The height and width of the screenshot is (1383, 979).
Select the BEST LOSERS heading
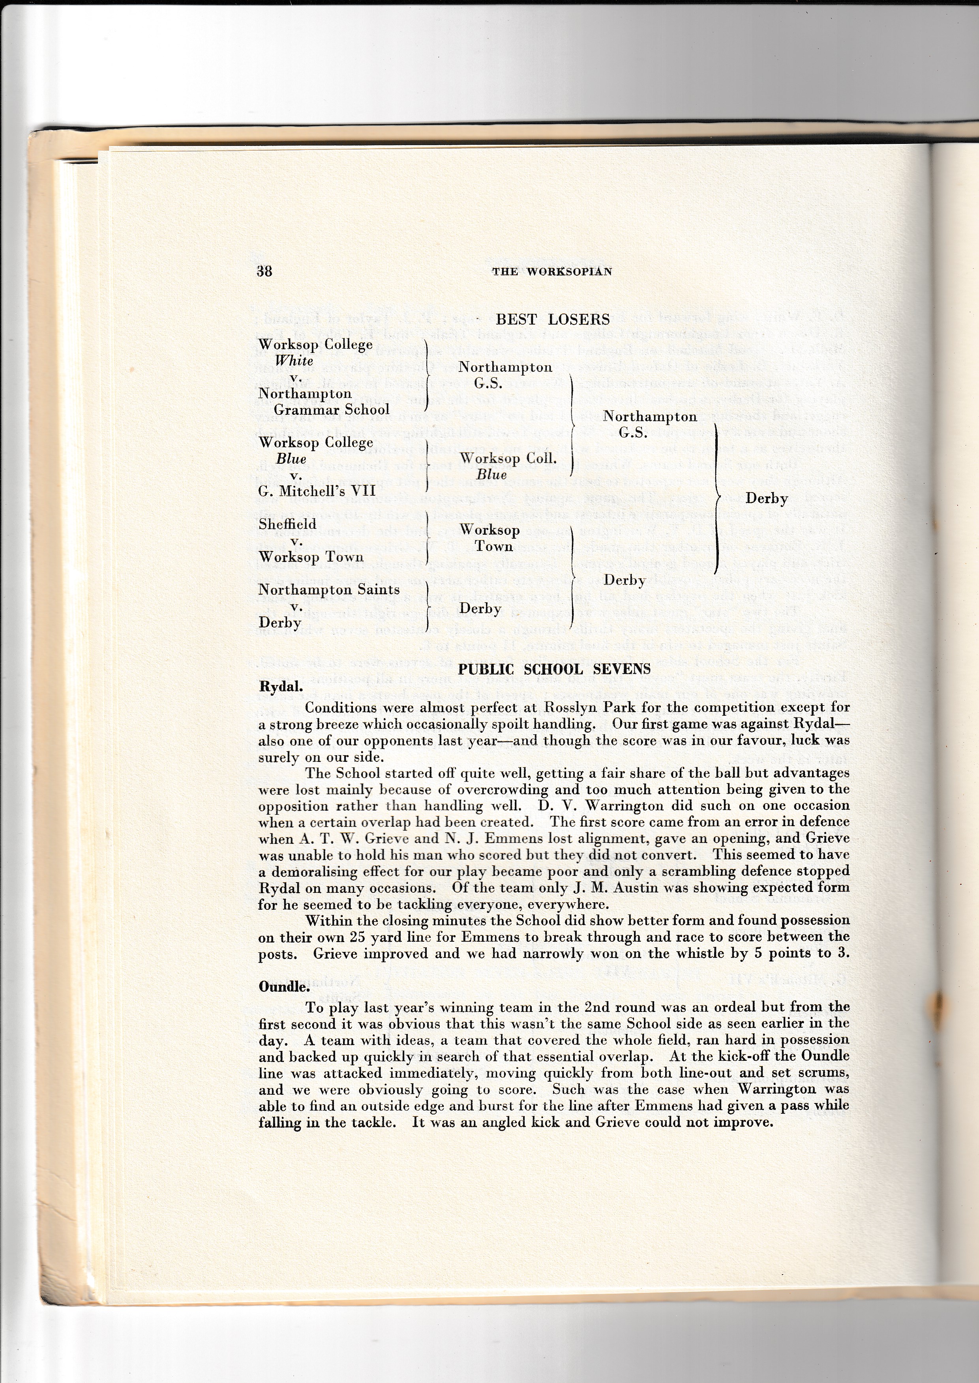pyautogui.click(x=552, y=319)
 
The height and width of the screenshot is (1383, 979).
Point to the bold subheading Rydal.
pyautogui.click(x=280, y=687)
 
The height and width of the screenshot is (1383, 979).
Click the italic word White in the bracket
pyautogui.click(x=294, y=361)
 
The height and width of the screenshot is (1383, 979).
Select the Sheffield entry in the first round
pyautogui.click(x=287, y=524)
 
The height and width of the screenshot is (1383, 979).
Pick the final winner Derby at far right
pyautogui.click(x=767, y=499)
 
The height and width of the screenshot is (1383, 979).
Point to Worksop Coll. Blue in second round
pyautogui.click(x=508, y=466)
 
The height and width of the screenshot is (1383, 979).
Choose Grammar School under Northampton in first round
pyautogui.click(x=332, y=410)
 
